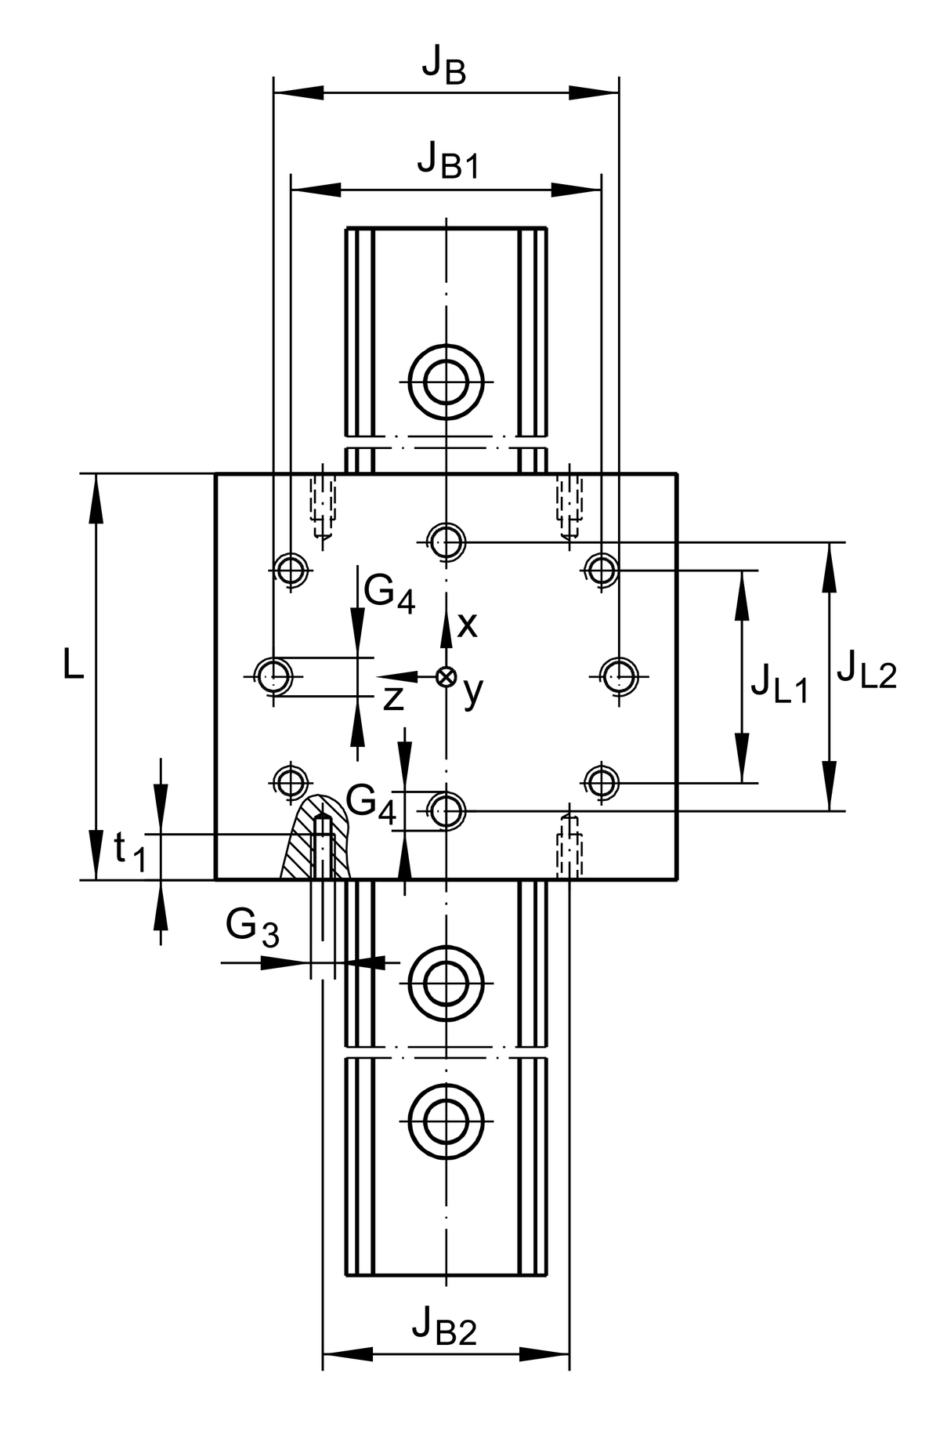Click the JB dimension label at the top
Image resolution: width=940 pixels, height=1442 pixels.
444,67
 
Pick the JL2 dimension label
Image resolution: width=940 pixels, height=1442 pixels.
866,672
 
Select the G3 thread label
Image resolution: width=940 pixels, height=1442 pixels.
251,928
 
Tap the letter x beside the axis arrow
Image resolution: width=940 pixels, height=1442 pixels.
467,625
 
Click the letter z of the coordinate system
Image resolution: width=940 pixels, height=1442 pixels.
393,698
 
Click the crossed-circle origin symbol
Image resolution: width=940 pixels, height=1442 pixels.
446,676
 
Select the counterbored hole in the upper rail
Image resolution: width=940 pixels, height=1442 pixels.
446,382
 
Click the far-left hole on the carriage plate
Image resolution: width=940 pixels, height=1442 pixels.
273,675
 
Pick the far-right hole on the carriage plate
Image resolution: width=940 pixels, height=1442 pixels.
620,675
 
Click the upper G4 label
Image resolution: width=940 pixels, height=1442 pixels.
389,593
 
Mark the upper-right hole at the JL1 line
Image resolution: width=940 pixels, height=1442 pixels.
602,570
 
